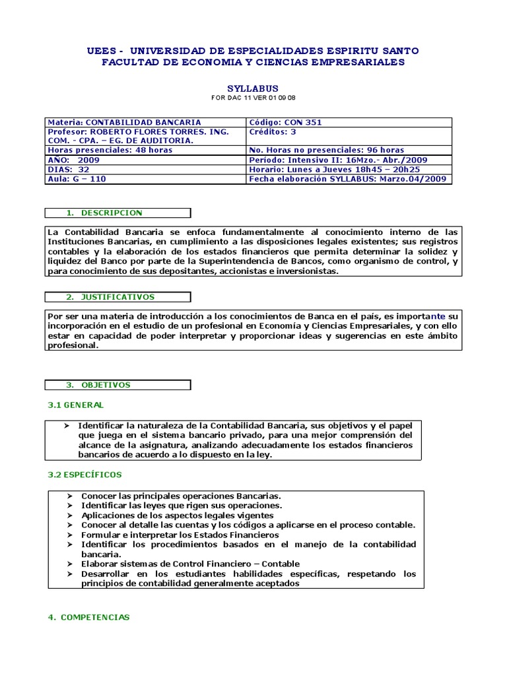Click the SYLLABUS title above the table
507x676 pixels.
point(253,88)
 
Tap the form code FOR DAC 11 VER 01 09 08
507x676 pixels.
point(253,98)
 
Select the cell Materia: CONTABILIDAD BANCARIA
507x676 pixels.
point(125,122)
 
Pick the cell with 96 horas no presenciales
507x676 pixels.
point(327,150)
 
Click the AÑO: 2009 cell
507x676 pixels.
point(74,160)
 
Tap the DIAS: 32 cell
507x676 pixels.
point(69,169)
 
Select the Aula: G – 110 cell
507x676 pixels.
point(77,179)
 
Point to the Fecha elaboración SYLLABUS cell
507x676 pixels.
point(347,179)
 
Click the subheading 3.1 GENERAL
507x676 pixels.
point(75,405)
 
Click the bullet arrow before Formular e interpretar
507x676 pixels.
point(71,535)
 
